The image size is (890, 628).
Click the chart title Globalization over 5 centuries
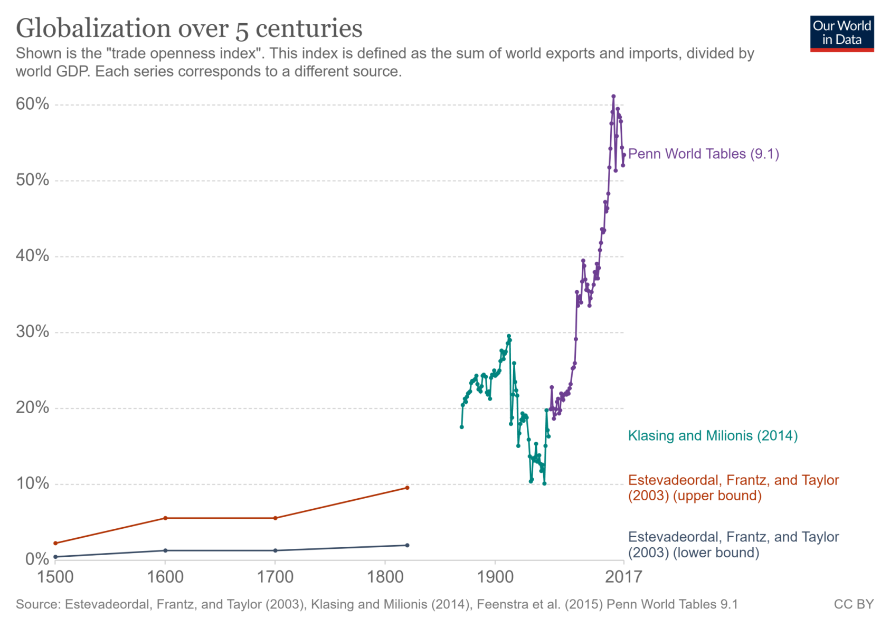coord(189,28)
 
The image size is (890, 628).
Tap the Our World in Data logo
coord(841,33)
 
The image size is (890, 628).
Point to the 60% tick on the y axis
coord(32,104)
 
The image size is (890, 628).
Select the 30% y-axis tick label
coord(32,332)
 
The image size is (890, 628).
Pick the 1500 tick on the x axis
coord(55,577)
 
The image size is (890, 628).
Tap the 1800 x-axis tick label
coord(385,577)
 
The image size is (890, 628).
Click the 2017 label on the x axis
coord(623,577)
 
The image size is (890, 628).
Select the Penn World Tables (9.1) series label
coord(703,154)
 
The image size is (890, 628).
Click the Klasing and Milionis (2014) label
coord(713,436)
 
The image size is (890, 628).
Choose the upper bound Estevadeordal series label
coord(733,488)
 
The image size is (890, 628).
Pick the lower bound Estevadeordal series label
coord(733,545)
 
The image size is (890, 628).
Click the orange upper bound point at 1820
coord(407,488)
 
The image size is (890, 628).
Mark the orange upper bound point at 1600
coord(165,518)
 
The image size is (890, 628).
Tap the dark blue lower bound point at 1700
coord(275,550)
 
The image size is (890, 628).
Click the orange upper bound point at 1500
coord(55,543)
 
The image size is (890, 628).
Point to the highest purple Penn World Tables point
coord(613,97)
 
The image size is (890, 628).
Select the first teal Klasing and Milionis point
coord(461,427)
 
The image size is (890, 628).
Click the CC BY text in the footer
coord(853,605)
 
